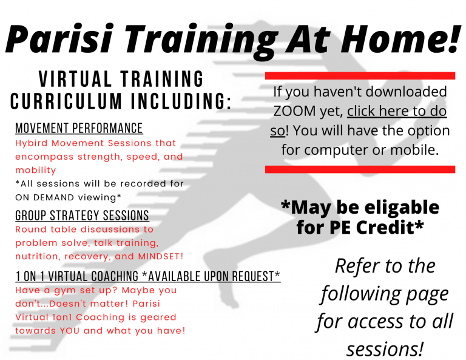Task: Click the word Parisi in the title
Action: point(59,38)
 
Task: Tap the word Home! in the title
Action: point(402,38)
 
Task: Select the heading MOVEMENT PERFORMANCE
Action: point(79,128)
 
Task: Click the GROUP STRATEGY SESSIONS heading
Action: point(82,216)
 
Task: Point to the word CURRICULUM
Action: point(66,101)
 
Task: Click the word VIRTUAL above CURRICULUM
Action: point(75,79)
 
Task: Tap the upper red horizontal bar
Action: point(360,76)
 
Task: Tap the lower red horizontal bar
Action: point(360,169)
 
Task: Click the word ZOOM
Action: point(294,111)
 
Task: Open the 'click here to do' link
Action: point(397,111)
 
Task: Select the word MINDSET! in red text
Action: point(161,256)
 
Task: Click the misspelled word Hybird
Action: point(32,144)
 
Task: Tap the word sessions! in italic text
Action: point(385,348)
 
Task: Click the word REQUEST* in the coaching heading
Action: point(256,276)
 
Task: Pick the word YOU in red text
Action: point(70,331)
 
